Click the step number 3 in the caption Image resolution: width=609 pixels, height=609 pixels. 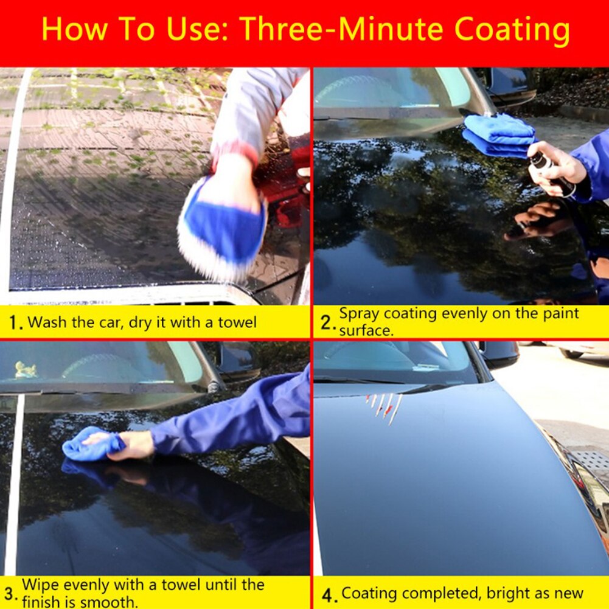click(10, 593)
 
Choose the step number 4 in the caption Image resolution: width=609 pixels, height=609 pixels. click(327, 594)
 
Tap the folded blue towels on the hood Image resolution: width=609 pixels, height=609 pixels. click(499, 134)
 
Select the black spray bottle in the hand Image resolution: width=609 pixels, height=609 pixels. click(551, 173)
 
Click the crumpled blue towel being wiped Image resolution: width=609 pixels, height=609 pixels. click(91, 445)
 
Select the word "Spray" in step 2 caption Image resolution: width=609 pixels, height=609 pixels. click(359, 314)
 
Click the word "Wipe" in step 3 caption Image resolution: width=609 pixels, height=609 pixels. click(40, 585)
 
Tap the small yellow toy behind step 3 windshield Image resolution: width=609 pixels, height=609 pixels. click(26, 369)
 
